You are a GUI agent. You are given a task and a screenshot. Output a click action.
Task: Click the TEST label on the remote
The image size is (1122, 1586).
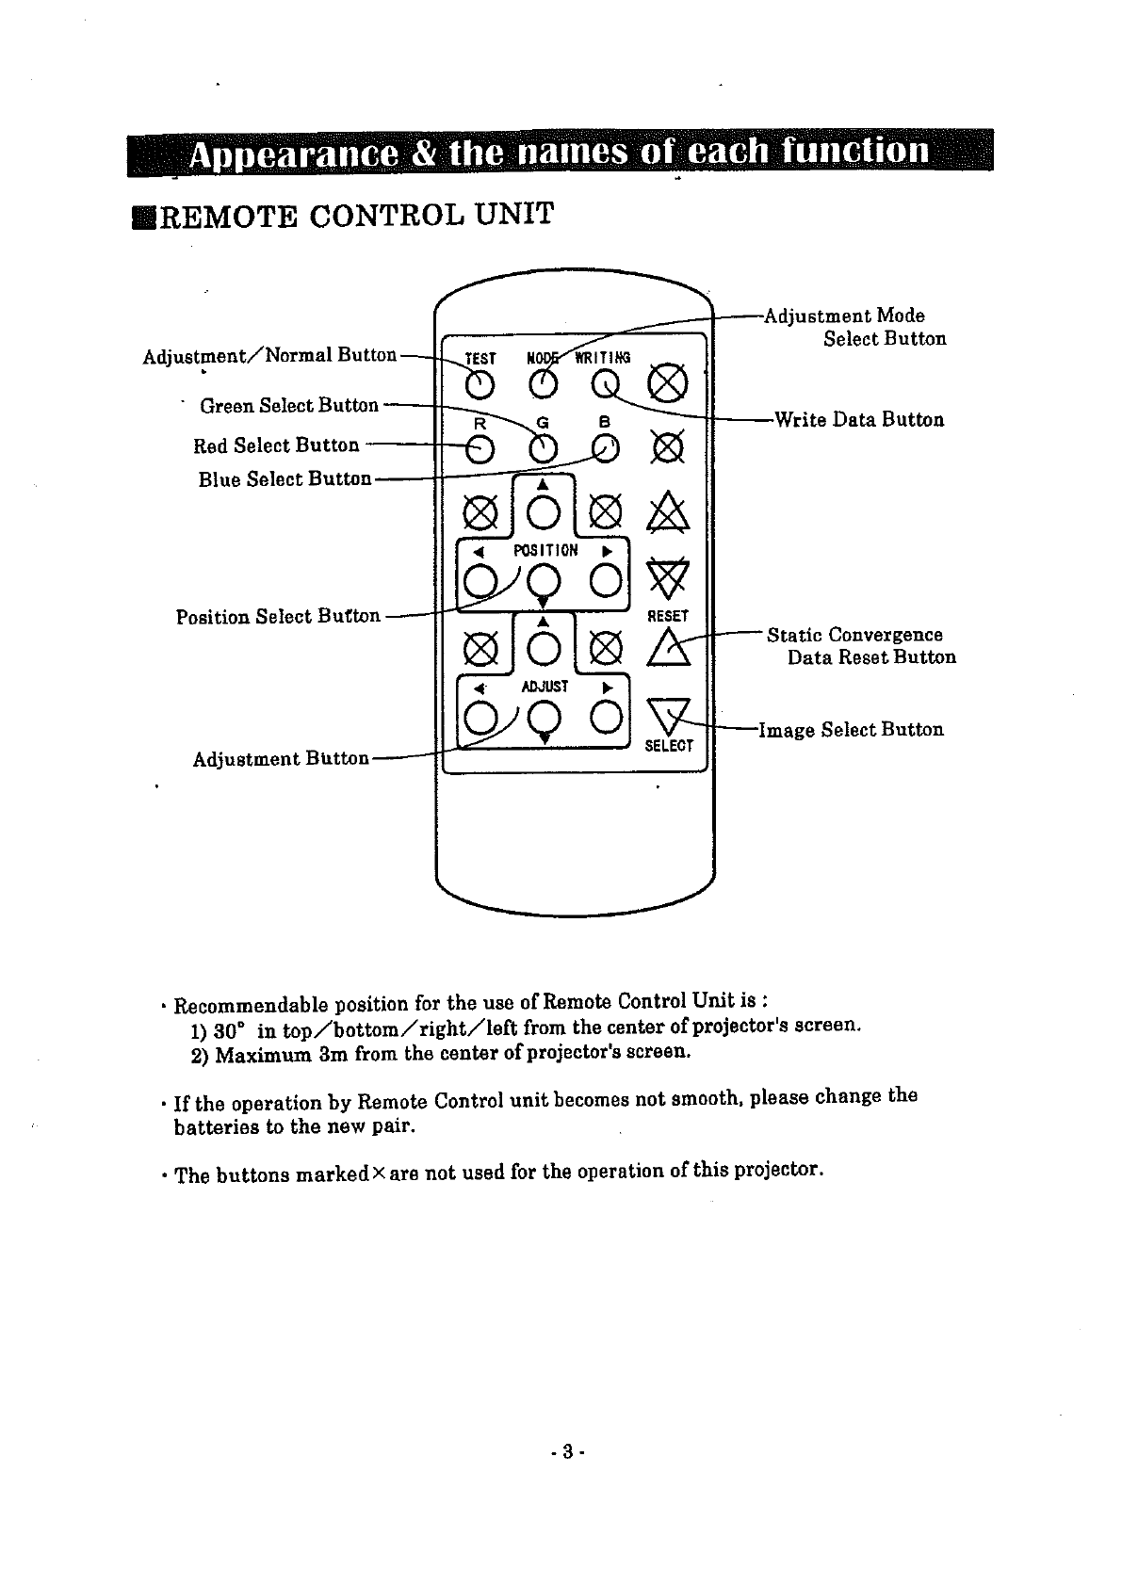click(480, 359)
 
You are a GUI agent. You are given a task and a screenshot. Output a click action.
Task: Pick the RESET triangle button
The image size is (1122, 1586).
click(669, 647)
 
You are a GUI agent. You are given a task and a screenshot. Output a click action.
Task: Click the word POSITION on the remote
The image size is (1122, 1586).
click(545, 550)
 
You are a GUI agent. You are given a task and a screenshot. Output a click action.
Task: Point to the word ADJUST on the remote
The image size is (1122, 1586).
click(545, 687)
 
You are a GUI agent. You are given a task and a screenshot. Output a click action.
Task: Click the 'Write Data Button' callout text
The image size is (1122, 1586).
click(858, 420)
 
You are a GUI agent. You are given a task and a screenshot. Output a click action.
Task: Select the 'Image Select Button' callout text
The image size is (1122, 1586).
click(851, 730)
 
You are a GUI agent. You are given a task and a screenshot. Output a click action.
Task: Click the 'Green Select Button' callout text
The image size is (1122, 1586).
click(289, 406)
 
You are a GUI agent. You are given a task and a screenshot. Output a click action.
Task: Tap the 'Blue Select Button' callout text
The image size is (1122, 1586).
click(285, 479)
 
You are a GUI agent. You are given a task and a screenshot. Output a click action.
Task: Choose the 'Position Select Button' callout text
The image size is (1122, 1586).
click(278, 617)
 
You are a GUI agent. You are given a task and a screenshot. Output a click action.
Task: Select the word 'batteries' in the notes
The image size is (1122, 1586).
click(215, 1126)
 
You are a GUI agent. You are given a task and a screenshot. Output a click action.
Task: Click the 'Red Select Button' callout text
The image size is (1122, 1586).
click(276, 445)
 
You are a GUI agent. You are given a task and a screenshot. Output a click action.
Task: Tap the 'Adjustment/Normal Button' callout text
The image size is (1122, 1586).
click(269, 356)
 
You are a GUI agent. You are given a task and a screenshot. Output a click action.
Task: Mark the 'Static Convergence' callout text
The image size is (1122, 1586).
click(854, 635)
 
